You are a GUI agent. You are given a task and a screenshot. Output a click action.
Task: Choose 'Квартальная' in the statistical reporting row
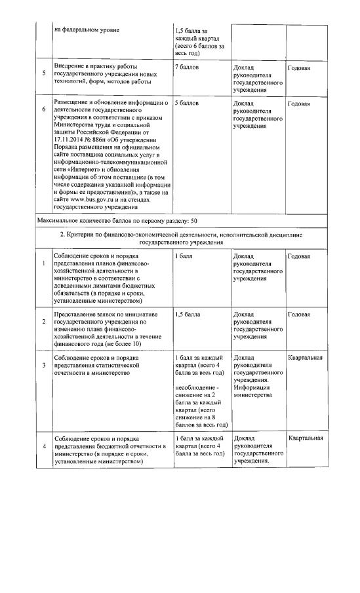click(x=305, y=358)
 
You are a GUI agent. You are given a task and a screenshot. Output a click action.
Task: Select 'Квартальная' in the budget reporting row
click(x=305, y=438)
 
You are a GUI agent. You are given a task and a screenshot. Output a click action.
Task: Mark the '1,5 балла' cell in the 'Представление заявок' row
click(x=188, y=315)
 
